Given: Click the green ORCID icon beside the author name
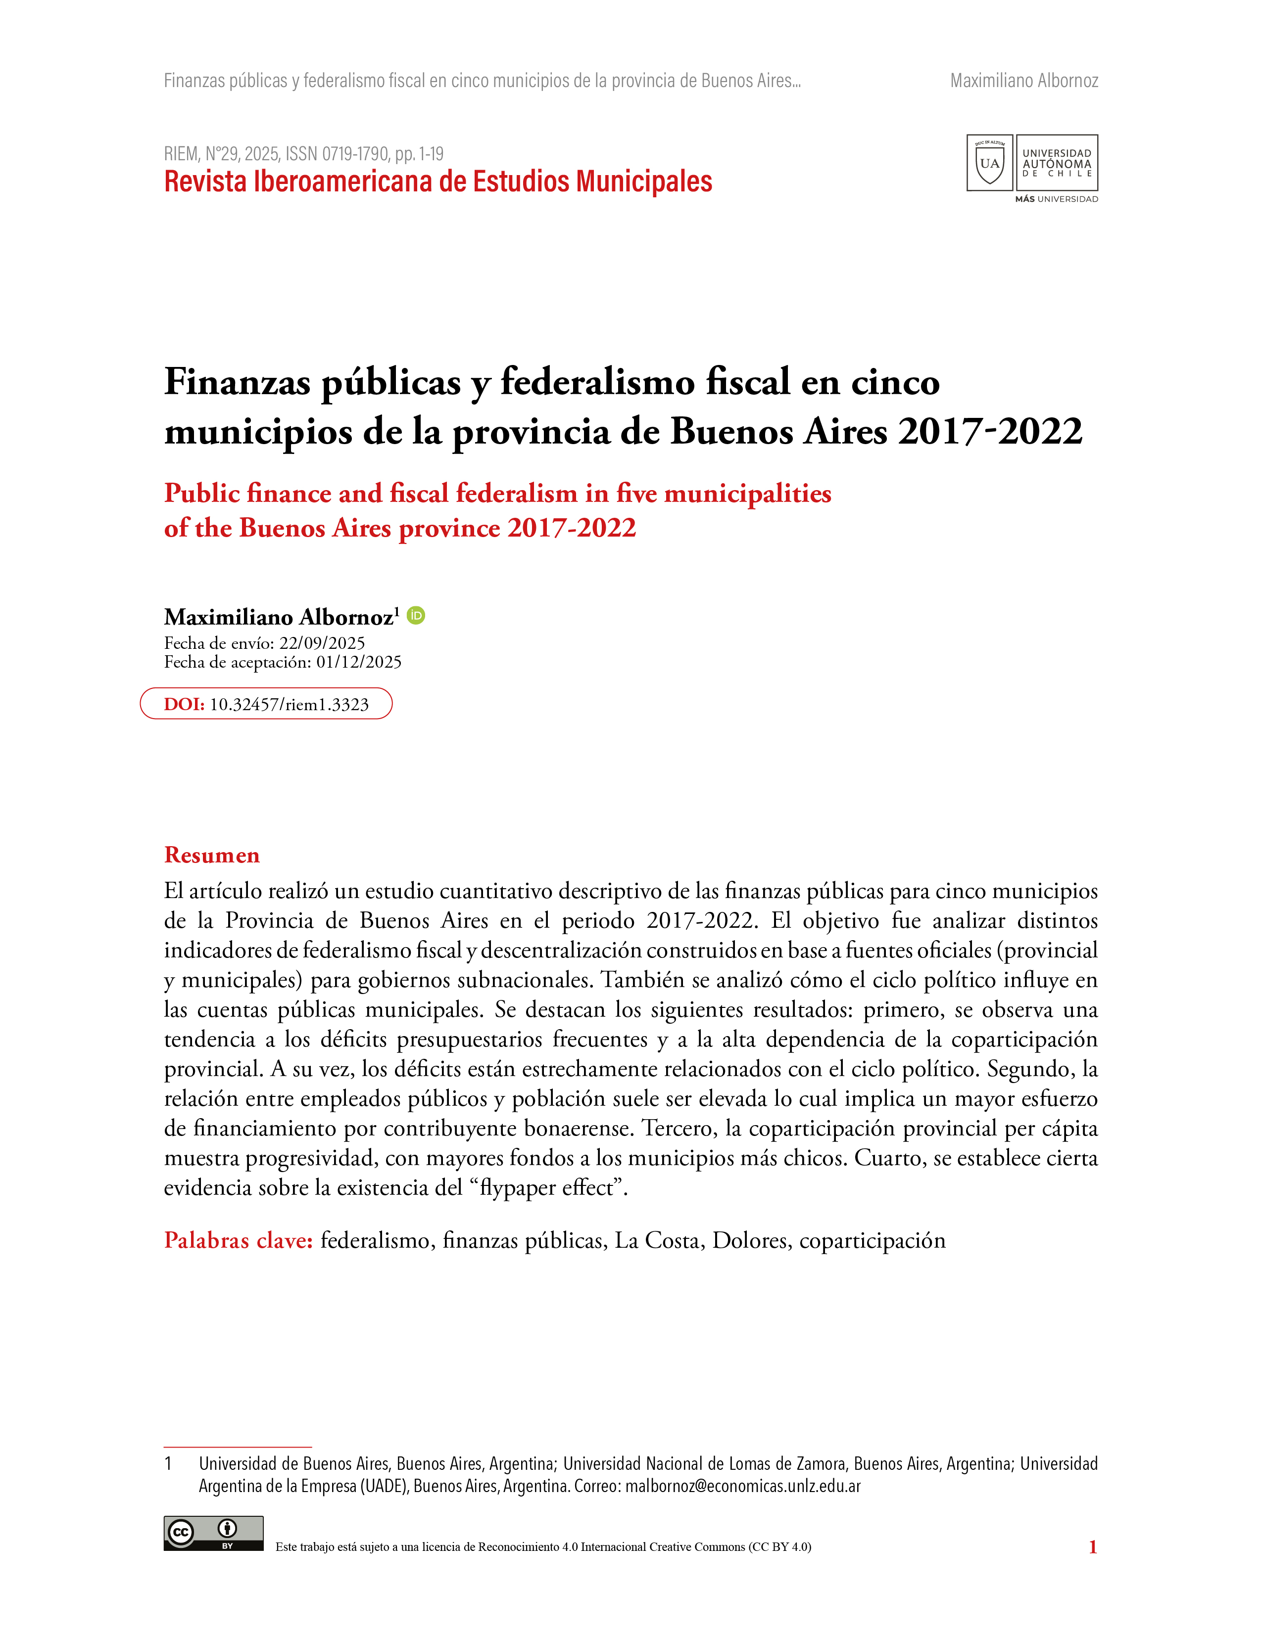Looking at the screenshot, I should (x=416, y=615).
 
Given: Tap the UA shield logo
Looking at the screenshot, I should (x=989, y=163).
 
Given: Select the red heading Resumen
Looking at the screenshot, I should (x=212, y=855).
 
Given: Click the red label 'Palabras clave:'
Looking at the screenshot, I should (x=238, y=1240).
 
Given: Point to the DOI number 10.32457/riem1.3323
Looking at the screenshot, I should (x=290, y=705).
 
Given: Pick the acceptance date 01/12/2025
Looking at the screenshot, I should (x=358, y=662).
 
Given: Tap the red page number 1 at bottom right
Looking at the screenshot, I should (x=1092, y=1547).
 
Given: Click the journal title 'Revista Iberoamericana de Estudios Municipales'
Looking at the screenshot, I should (x=437, y=181).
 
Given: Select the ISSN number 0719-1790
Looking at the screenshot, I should (x=355, y=154).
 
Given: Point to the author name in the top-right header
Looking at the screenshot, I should (x=1023, y=81).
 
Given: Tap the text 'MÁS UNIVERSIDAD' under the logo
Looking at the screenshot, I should (x=1056, y=199).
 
